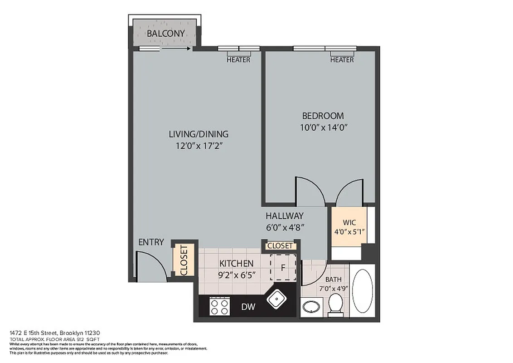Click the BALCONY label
tap(166, 34)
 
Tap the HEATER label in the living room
tap(238, 60)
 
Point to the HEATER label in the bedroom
tap(342, 60)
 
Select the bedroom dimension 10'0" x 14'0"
tap(323, 128)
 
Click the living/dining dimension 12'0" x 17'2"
tap(198, 146)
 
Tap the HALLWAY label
tap(284, 216)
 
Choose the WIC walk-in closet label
tap(349, 222)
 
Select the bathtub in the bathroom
tap(362, 291)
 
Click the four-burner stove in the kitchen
tap(220, 306)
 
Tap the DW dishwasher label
tap(248, 307)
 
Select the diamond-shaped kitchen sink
tap(276, 299)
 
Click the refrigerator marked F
tap(283, 267)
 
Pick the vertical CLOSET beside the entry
tap(184, 260)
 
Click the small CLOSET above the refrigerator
tap(280, 246)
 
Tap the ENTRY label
tap(151, 242)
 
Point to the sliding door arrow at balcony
tap(174, 48)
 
